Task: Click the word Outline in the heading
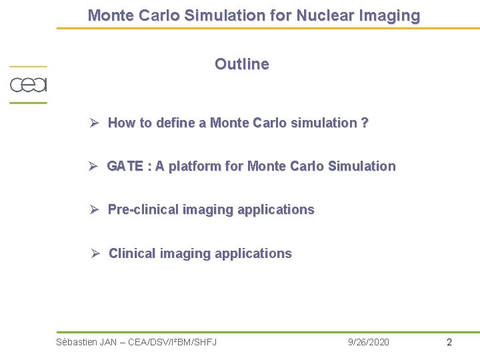coord(241,64)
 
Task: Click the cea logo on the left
coord(28,85)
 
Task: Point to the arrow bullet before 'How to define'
coord(95,123)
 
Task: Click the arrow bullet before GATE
coord(95,166)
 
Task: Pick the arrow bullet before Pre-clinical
coord(95,209)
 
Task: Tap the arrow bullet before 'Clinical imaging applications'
coord(95,253)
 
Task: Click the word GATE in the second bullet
coord(125,166)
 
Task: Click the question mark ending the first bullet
coord(365,123)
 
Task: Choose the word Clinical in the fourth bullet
coord(132,253)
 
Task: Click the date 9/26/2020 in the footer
coord(369,342)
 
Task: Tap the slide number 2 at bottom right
coord(449,342)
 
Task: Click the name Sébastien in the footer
coord(77,342)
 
